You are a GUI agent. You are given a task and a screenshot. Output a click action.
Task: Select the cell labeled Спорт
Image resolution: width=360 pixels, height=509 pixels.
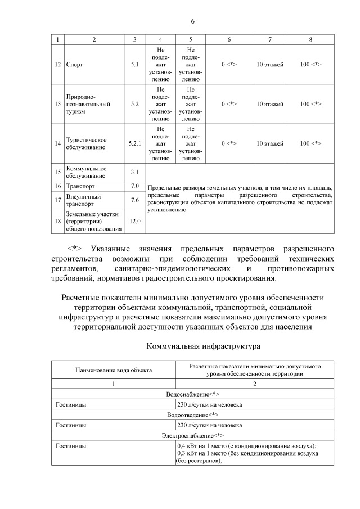point(74,65)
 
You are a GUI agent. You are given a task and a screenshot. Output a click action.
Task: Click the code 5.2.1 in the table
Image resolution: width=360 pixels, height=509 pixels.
point(134,143)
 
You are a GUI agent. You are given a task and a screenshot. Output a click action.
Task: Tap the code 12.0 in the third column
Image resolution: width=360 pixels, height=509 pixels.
point(134,222)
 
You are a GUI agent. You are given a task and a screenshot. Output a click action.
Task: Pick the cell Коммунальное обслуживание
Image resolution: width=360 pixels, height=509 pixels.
point(86,172)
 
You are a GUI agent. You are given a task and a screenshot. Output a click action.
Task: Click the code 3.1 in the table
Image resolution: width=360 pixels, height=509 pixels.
point(134,172)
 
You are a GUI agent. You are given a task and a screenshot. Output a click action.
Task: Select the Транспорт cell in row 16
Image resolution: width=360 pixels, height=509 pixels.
point(82,186)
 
